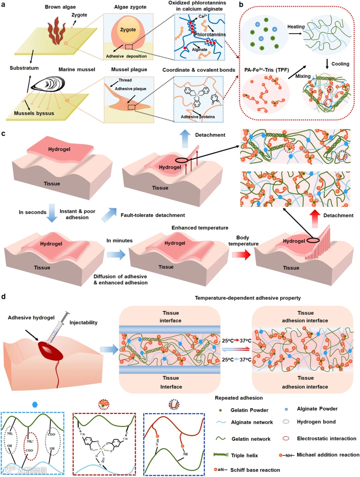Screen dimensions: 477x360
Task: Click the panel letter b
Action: [x=241, y=4]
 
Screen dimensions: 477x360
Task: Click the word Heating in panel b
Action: [x=296, y=27]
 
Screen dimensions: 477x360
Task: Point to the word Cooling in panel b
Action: [x=340, y=64]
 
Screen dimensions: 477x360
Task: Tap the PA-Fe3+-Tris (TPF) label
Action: [x=266, y=70]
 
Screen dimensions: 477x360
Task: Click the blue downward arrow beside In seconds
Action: [x=52, y=213]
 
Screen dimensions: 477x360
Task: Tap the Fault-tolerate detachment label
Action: [x=153, y=215]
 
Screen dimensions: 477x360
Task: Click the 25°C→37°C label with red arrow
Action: [x=236, y=341]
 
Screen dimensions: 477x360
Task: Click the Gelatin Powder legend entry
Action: [x=249, y=410]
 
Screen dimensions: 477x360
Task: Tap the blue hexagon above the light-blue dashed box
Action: [x=35, y=405]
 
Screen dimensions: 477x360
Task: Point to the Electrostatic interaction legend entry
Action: [x=326, y=438]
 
